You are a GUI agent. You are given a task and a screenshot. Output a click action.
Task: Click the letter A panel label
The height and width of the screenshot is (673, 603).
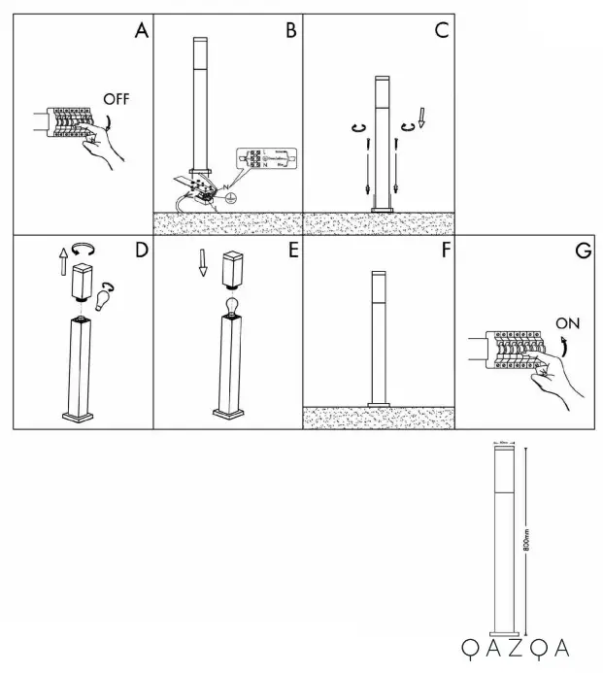pyautogui.click(x=142, y=30)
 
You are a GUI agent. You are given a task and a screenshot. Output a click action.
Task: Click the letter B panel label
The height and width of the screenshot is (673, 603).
pyautogui.click(x=289, y=30)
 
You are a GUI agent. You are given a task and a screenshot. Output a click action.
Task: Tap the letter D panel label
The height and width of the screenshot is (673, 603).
pyautogui.click(x=141, y=251)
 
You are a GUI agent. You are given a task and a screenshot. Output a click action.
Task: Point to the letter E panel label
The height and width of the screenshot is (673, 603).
pyautogui.click(x=290, y=251)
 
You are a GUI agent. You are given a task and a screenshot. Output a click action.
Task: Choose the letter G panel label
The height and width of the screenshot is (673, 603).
pyautogui.click(x=583, y=251)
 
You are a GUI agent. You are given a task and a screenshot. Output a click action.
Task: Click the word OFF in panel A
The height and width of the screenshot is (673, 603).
pyautogui.click(x=116, y=100)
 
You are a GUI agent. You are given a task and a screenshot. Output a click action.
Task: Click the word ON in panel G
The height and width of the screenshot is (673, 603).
pyautogui.click(x=568, y=320)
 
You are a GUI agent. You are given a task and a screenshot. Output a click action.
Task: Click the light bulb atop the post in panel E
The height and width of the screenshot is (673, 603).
pyautogui.click(x=233, y=308)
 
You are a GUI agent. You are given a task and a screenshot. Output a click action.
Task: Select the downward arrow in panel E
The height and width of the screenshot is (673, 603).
pyautogui.click(x=203, y=263)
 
